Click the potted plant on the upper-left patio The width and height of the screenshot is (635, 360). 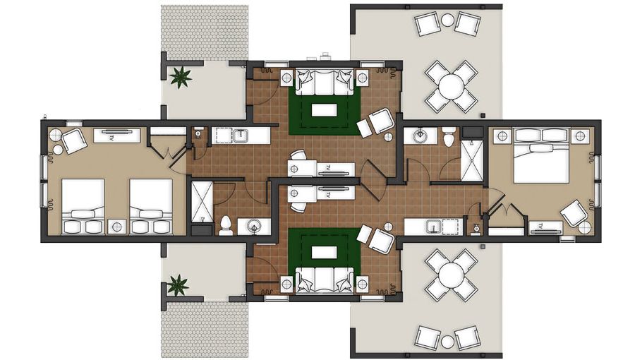click(x=181, y=76)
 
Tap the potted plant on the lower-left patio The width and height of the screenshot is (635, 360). click(x=178, y=284)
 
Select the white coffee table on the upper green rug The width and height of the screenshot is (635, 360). click(x=325, y=109)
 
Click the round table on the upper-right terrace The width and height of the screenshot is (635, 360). click(x=450, y=87)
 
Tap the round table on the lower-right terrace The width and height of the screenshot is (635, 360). click(x=451, y=274)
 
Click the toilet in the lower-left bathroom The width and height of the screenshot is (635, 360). click(x=226, y=225)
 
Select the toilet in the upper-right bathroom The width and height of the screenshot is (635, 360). click(x=449, y=137)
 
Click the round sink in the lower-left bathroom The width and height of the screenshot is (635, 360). click(x=253, y=226)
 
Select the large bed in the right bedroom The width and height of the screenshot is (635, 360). click(x=541, y=155)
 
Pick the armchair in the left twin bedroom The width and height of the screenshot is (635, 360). click(x=73, y=140)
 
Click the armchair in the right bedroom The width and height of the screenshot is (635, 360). click(x=574, y=213)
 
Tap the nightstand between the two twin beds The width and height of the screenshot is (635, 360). click(x=117, y=226)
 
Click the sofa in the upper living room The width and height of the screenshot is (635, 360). click(x=324, y=82)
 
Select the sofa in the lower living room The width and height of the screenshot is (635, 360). click(x=324, y=280)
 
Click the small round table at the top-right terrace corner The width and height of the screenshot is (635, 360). click(x=448, y=20)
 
